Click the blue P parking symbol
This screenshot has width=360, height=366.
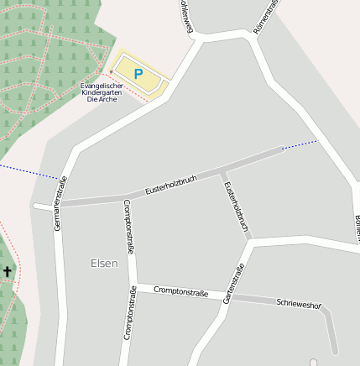click(138, 73)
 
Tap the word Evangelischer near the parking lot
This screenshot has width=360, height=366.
click(102, 86)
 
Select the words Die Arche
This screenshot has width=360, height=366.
click(102, 99)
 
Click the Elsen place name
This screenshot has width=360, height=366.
click(104, 263)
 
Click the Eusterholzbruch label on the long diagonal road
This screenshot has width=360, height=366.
click(170, 185)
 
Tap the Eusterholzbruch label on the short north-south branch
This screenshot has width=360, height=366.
click(237, 206)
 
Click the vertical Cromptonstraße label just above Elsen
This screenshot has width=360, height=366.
click(128, 226)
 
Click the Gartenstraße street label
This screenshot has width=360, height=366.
click(234, 282)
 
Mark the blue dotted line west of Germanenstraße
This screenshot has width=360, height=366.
click(29, 171)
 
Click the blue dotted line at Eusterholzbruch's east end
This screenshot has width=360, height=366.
click(300, 144)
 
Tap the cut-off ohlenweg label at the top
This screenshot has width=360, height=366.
click(185, 17)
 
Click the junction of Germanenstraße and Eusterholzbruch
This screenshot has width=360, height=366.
click(59, 204)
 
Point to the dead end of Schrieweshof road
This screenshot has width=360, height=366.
click(334, 350)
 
